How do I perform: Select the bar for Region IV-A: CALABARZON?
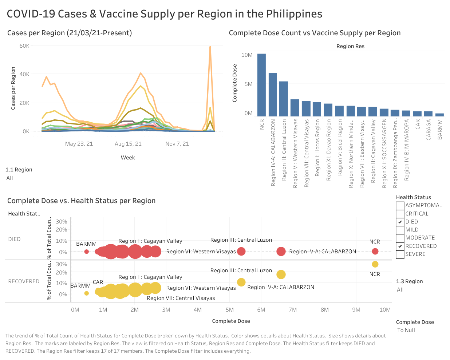pos(273,95)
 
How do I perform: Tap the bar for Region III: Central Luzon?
pos(284,99)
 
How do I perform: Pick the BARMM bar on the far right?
pos(440,115)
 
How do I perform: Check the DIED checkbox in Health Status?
pos(400,222)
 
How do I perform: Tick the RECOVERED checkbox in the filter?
pos(400,246)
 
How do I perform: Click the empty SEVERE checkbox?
pos(400,254)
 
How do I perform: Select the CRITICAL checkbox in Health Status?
pos(400,214)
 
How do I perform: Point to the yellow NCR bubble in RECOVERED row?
pos(375,264)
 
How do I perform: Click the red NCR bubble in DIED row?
pos(375,251)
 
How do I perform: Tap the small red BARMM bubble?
pos(86,252)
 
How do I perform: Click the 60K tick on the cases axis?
pos(24,46)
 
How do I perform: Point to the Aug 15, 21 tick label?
pos(128,144)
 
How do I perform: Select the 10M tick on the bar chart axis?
pos(247,55)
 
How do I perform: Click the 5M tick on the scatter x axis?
pos(230,310)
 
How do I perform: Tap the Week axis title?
pos(128,158)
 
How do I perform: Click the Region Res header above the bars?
pos(350,46)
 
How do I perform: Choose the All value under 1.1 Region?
pos(10,178)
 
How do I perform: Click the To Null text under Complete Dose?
pos(406,330)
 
